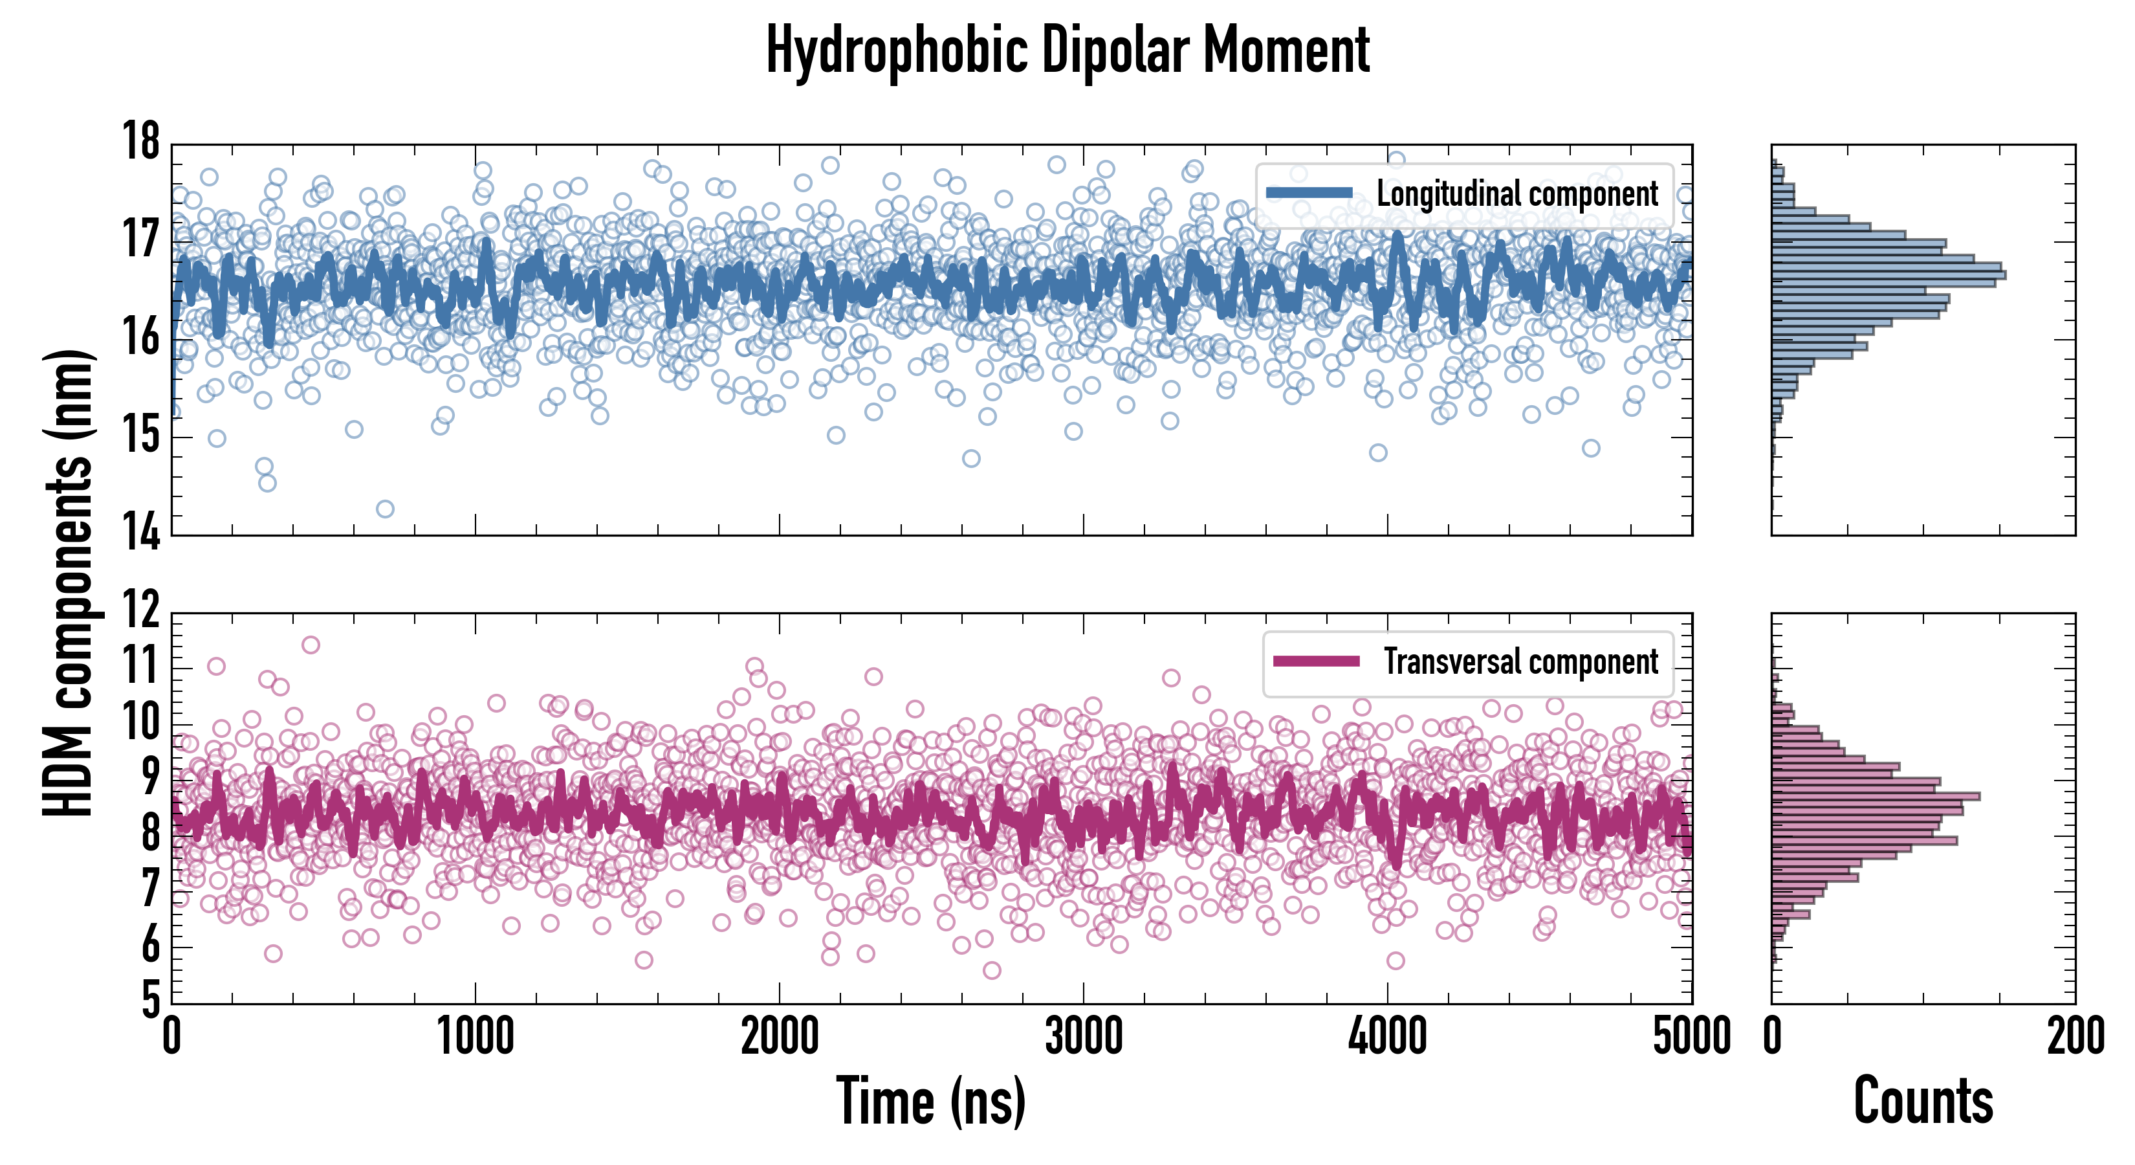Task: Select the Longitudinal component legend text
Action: tap(1516, 194)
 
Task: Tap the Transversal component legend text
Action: tap(1521, 661)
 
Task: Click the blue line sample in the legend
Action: tap(1309, 194)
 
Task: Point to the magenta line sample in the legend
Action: tap(1316, 661)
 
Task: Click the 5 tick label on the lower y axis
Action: tap(150, 1000)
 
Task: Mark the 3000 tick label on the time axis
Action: tap(1083, 1036)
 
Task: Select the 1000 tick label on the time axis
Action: tap(475, 1036)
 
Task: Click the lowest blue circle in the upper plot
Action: tap(384, 508)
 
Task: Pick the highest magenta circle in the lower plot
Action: tap(310, 644)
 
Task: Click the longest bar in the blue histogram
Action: tap(1888, 274)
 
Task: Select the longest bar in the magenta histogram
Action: tap(1875, 797)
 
